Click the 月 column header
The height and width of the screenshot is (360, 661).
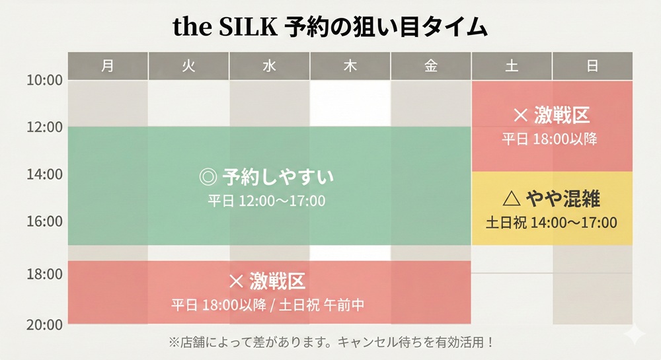click(108, 65)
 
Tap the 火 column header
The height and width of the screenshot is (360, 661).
click(188, 65)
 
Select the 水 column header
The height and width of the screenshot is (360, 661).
click(269, 65)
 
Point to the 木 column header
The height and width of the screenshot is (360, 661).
click(350, 65)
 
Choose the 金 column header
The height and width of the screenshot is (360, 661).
click(430, 65)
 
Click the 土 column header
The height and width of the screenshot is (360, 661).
click(512, 65)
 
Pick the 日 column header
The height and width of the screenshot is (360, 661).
click(592, 65)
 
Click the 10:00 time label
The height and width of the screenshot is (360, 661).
click(44, 80)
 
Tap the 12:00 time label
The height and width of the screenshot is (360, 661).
click(44, 127)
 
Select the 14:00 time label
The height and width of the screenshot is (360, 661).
click(44, 174)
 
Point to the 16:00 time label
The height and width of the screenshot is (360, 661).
click(44, 221)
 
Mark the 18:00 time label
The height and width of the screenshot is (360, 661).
click(44, 273)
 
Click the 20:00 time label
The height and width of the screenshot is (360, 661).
click(44, 324)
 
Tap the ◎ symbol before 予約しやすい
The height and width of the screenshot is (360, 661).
click(208, 177)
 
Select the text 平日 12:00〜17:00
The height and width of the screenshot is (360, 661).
click(267, 200)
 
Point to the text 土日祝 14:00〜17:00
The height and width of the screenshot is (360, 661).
click(551, 223)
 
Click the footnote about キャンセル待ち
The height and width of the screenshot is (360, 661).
click(330, 342)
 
